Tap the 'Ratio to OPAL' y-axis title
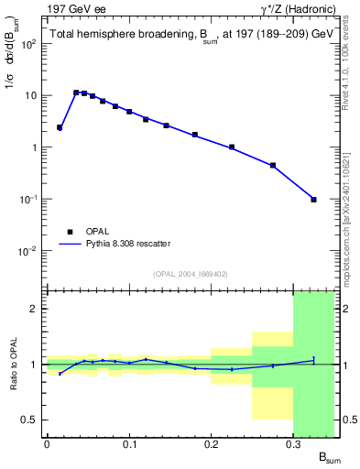[12, 366]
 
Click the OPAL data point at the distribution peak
[76, 93]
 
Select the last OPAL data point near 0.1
[313, 199]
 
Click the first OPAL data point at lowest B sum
[60, 127]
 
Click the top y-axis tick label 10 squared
[29, 44]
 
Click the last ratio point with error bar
[313, 360]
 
